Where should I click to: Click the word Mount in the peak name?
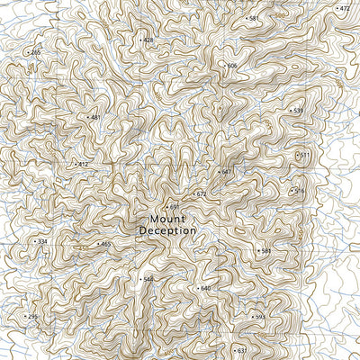[x=167, y=219]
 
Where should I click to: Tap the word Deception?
[x=167, y=230]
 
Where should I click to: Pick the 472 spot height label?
[x=344, y=8]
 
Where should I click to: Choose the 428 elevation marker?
[x=148, y=40]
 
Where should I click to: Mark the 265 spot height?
[x=35, y=53]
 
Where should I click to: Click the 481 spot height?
[x=94, y=117]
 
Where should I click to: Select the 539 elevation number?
[x=298, y=111]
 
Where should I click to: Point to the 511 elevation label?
[x=304, y=155]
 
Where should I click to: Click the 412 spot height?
[x=82, y=164]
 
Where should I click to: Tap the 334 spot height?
[x=40, y=241]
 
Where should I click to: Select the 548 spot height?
[x=148, y=279]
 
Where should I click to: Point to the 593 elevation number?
[x=259, y=317]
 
